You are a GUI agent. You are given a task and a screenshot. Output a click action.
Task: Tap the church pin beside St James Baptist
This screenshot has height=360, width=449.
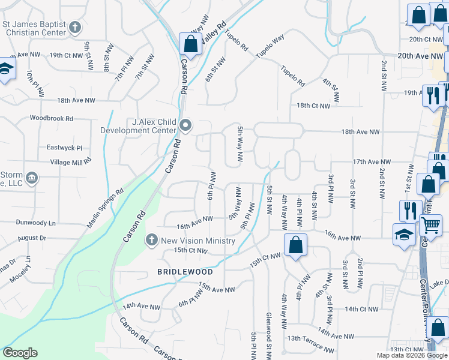pyautogui.click(x=74, y=27)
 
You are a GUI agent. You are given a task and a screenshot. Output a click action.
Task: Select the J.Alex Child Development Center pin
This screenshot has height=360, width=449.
pyautogui.click(x=185, y=125)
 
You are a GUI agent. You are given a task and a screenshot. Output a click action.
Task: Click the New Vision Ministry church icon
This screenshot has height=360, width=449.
pyautogui.click(x=151, y=240)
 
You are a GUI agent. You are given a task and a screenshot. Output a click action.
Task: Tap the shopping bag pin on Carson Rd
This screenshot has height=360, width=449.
pyautogui.click(x=190, y=44)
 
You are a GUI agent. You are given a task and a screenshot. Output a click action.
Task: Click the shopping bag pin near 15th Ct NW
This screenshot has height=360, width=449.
pyautogui.click(x=295, y=245)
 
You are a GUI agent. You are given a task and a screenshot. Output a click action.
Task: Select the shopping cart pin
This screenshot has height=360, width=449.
pyautogui.click(x=431, y=226)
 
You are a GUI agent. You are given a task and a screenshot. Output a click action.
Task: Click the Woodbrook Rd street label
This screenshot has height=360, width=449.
pyautogui.click(x=51, y=119)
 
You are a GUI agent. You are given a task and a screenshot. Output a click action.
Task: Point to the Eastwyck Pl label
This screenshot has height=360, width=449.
pyautogui.click(x=64, y=148)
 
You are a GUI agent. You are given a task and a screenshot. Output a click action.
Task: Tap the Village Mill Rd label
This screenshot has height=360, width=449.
pyautogui.click(x=70, y=162)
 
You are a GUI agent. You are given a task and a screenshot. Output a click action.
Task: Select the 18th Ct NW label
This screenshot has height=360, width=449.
pyautogui.click(x=313, y=106)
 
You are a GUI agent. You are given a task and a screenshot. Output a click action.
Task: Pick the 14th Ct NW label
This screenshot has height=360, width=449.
pyautogui.click(x=361, y=310)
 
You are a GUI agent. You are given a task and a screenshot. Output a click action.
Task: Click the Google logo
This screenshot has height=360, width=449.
pyautogui.click(x=20, y=353)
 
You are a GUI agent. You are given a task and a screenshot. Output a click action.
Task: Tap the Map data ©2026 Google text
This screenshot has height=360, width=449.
pyautogui.click(x=411, y=355)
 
